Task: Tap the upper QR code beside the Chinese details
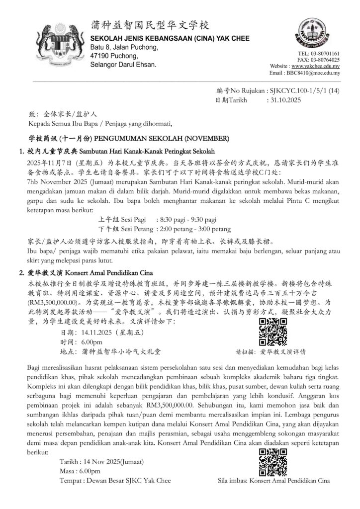point(273,332)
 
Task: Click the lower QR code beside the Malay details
point(273,462)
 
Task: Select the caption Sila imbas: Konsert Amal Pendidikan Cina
point(274,481)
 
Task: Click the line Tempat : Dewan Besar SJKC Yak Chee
point(115,481)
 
